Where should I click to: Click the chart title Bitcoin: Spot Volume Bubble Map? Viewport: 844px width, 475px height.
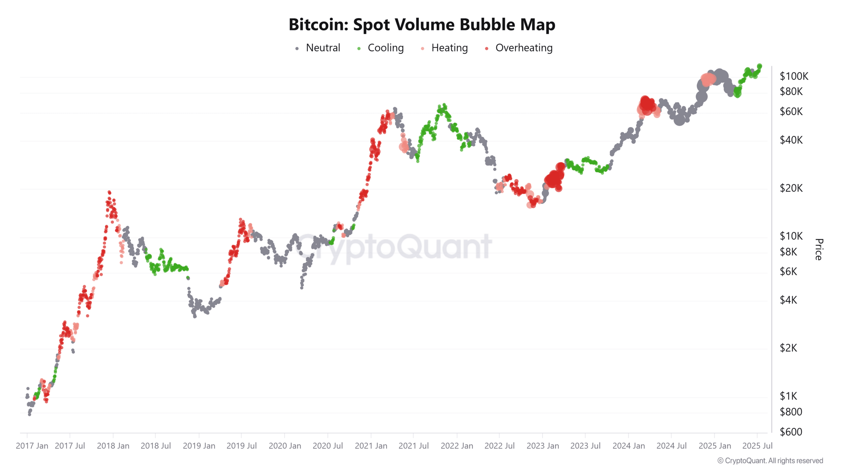click(x=422, y=25)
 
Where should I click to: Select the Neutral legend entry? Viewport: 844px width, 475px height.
click(x=322, y=48)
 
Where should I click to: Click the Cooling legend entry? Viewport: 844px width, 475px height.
click(x=385, y=48)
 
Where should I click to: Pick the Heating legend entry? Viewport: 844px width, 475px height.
click(x=449, y=48)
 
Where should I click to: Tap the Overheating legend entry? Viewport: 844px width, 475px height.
click(x=523, y=48)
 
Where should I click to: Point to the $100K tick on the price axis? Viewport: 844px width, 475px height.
click(x=794, y=76)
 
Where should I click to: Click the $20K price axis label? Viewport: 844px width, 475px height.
click(x=791, y=188)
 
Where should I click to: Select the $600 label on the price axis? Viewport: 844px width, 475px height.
click(x=791, y=431)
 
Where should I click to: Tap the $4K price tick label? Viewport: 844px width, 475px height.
click(x=788, y=300)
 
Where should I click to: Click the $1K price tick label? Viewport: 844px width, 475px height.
click(x=788, y=396)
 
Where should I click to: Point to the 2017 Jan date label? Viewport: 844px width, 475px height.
click(x=32, y=446)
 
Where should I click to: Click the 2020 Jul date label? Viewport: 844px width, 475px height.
click(x=327, y=446)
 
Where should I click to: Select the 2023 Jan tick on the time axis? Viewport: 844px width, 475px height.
click(x=543, y=446)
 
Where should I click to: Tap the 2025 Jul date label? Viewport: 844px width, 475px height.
click(x=757, y=446)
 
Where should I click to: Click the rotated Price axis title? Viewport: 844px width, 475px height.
click(x=819, y=249)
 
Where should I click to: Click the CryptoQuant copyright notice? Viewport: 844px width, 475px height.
click(x=770, y=460)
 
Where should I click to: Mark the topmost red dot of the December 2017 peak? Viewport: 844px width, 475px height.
click(x=109, y=192)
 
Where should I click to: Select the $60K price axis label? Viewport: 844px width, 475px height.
click(x=791, y=111)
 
